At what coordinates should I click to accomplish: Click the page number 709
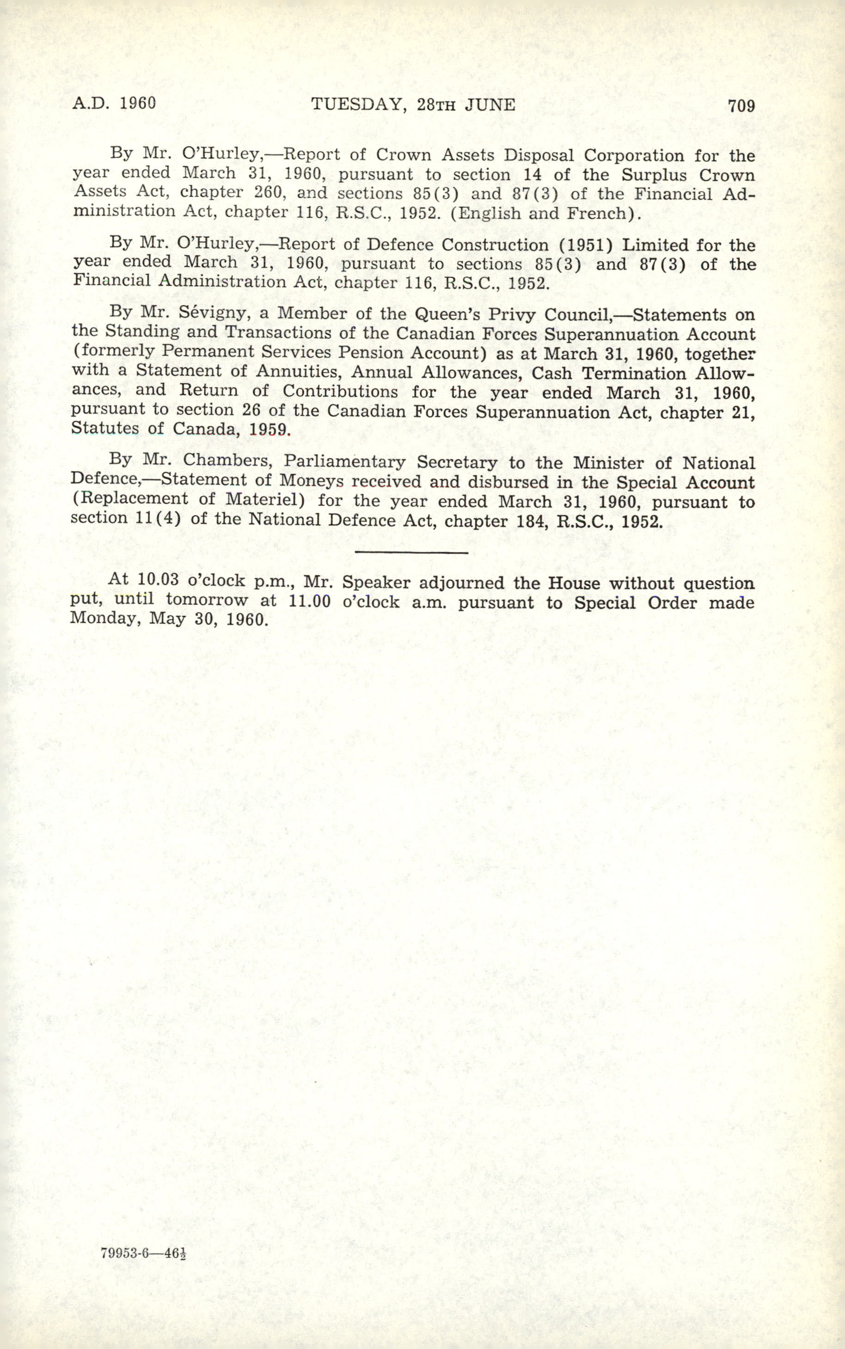[x=741, y=105]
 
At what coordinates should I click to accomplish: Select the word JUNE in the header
[x=490, y=105]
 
